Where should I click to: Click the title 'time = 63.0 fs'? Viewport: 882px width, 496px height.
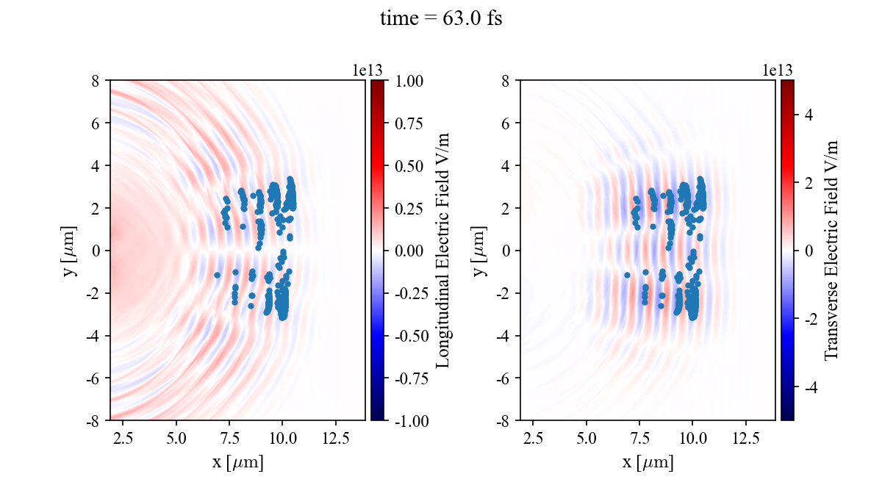click(440, 19)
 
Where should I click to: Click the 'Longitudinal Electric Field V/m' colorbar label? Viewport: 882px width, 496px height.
click(443, 250)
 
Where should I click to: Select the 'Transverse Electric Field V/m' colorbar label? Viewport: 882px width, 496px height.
click(831, 250)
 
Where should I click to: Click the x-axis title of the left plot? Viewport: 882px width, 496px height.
click(237, 463)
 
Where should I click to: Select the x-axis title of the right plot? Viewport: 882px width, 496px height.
click(648, 463)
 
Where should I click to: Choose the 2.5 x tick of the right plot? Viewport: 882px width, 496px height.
click(533, 439)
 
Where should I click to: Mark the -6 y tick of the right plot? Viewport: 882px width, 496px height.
click(506, 378)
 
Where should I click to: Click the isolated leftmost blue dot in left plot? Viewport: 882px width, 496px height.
click(217, 275)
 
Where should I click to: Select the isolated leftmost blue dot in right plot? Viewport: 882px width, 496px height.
click(627, 275)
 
